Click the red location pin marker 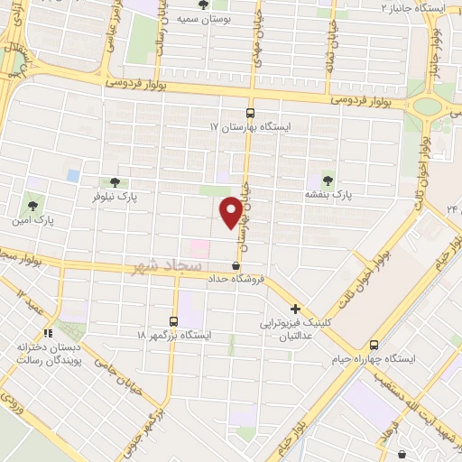tap(232, 211)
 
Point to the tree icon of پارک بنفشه tap(327, 180)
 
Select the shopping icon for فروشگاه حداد tap(236, 266)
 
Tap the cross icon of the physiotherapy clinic tap(296, 309)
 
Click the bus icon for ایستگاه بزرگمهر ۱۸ tap(174, 320)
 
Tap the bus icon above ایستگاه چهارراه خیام tap(374, 344)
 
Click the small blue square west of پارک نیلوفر tap(72, 175)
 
